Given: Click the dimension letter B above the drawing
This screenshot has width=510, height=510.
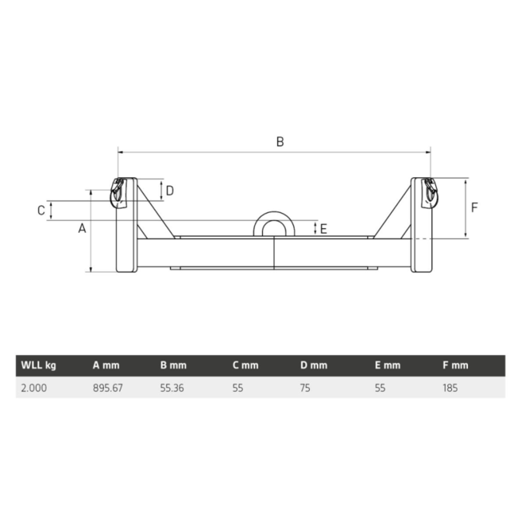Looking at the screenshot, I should pos(280,141).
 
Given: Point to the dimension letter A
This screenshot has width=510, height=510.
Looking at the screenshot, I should pos(81,229).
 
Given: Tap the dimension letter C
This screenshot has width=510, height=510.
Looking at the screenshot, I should pos(41,210).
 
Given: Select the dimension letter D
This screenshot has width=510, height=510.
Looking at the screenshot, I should pos(169,190).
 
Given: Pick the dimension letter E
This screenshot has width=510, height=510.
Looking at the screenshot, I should pos(323,229).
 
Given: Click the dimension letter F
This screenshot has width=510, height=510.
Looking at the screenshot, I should pos(474,207).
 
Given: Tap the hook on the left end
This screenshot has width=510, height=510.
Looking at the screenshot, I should pos(118,193).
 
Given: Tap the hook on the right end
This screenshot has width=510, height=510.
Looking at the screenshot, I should pos(430,192).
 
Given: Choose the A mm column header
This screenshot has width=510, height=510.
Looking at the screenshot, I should pos(106,365).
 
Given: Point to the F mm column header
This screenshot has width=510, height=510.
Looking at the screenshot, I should pos(455,365).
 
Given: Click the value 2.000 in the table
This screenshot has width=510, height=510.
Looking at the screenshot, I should pos(33,388).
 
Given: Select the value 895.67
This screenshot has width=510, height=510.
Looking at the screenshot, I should pos(108,388).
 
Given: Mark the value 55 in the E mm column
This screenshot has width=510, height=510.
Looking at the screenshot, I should pos(380,388).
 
